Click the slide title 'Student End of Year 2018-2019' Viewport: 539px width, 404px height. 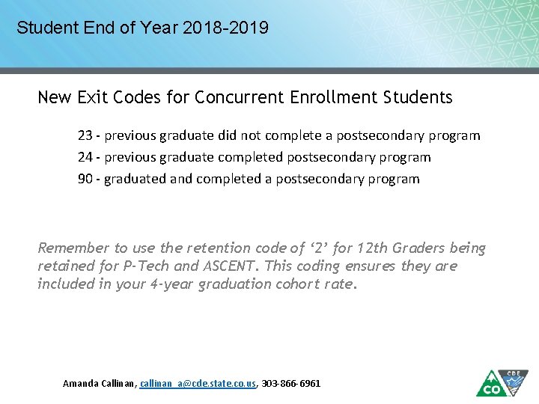click(x=142, y=28)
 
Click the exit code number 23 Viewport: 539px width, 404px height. click(x=85, y=135)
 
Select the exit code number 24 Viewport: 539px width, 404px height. click(x=85, y=157)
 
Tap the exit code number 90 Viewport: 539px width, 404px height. click(x=85, y=179)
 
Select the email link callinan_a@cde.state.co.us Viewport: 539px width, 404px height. click(x=198, y=383)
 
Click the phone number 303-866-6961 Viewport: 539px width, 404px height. click(x=290, y=383)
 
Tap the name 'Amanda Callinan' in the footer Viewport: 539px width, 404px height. click(x=99, y=383)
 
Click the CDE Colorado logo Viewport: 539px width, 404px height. click(x=502, y=382)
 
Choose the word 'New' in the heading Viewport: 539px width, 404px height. click(x=52, y=97)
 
